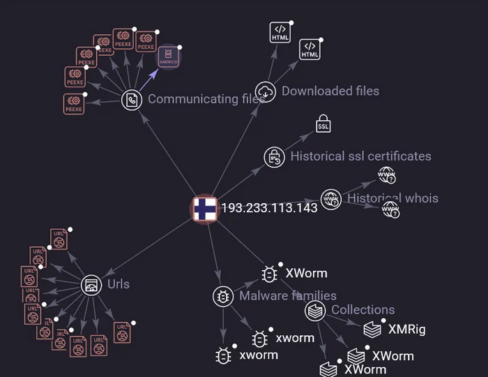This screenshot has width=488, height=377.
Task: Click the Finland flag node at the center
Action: [205, 208]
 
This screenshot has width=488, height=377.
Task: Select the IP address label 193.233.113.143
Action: [269, 208]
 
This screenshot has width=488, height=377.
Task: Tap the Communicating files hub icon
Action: [132, 100]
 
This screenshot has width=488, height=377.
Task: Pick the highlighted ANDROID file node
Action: [168, 57]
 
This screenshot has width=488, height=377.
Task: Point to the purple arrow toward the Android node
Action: [148, 81]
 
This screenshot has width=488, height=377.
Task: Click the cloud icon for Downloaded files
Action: [266, 91]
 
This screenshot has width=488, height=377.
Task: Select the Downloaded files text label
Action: [330, 91]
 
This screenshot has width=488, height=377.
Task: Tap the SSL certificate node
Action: [323, 125]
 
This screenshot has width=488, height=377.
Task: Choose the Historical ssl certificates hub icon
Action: [274, 157]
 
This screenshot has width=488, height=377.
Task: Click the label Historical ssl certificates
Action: [360, 156]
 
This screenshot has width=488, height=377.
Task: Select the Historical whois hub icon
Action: [331, 198]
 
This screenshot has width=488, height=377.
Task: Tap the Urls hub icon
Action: [91, 285]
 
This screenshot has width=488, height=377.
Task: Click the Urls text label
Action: [119, 284]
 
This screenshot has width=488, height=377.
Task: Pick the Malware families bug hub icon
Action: [223, 296]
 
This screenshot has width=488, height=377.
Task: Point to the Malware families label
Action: [288, 296]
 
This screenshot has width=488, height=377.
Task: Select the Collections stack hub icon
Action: [315, 310]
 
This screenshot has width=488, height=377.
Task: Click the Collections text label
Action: [363, 309]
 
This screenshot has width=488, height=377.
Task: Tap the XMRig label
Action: [406, 330]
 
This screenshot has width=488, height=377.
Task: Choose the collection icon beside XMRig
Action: [372, 329]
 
